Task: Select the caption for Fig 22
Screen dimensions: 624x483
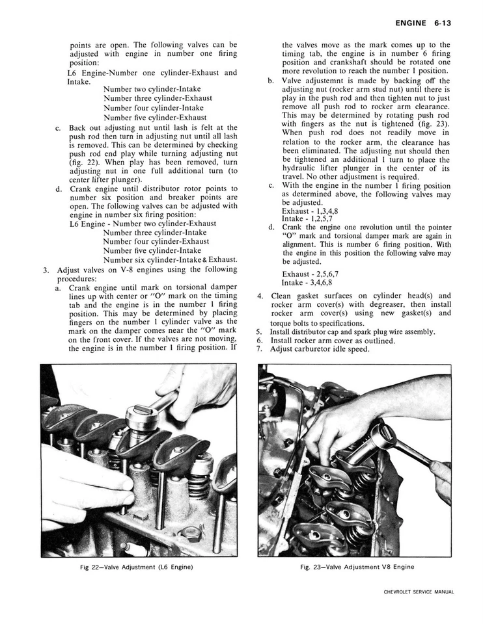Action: tap(137, 566)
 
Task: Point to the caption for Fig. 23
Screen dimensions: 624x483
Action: tap(357, 566)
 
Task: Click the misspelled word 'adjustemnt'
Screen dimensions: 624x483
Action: tap(327, 81)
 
